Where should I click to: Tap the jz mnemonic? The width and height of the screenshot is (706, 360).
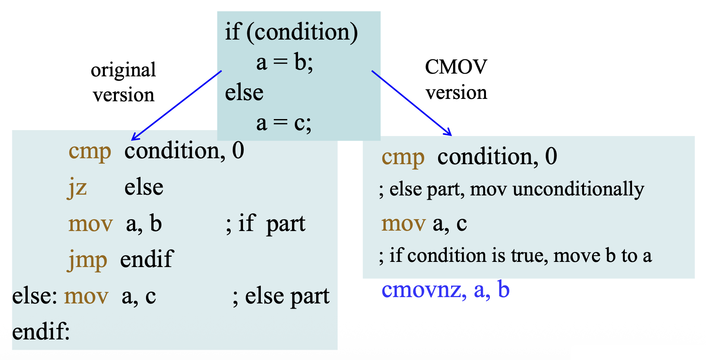click(x=77, y=188)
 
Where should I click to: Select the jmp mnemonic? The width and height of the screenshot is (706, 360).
click(x=87, y=260)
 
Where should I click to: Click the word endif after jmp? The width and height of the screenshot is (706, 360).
click(x=146, y=260)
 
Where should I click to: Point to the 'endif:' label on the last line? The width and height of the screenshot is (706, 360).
click(x=41, y=332)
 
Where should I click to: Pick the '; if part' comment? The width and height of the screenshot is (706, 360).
click(x=266, y=224)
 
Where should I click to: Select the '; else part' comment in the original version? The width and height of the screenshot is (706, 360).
click(x=281, y=296)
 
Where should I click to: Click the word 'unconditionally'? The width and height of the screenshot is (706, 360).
click(x=578, y=189)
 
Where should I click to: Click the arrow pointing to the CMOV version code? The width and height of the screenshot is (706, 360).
click(x=412, y=103)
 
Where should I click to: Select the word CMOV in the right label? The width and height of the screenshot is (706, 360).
click(x=456, y=67)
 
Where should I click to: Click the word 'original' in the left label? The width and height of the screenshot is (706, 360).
click(x=123, y=70)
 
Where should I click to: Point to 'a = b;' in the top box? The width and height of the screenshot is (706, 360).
click(x=285, y=63)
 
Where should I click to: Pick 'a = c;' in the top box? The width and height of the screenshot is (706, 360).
click(x=284, y=123)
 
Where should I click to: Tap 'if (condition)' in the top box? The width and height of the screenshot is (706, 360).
click(x=291, y=32)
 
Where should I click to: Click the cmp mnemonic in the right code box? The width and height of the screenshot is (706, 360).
click(x=403, y=157)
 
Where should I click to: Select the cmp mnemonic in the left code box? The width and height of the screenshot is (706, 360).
click(x=90, y=151)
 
